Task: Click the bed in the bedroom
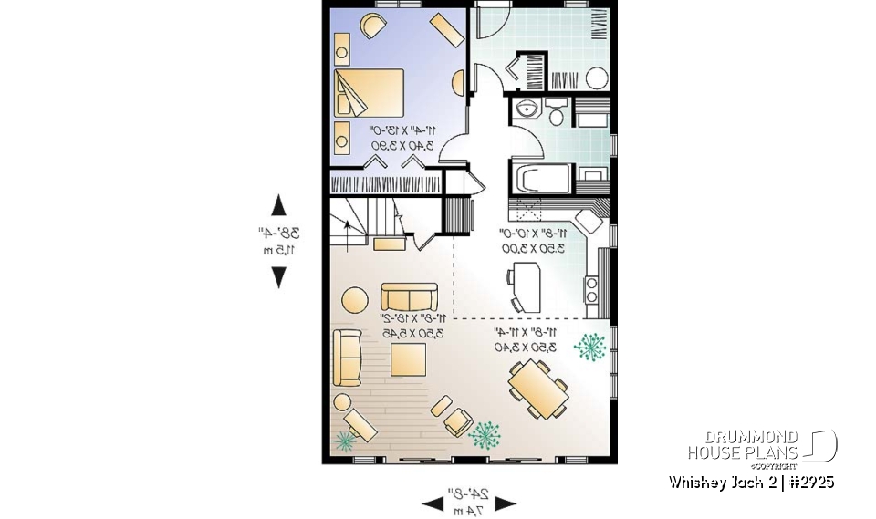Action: tap(369, 92)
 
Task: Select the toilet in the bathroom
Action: tap(555, 112)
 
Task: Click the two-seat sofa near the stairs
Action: tap(409, 298)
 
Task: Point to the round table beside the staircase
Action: tap(354, 298)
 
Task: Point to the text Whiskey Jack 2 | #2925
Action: tap(750, 482)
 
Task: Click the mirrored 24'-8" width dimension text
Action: tap(468, 495)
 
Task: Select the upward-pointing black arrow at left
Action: tap(278, 206)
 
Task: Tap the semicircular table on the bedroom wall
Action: tap(457, 83)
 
